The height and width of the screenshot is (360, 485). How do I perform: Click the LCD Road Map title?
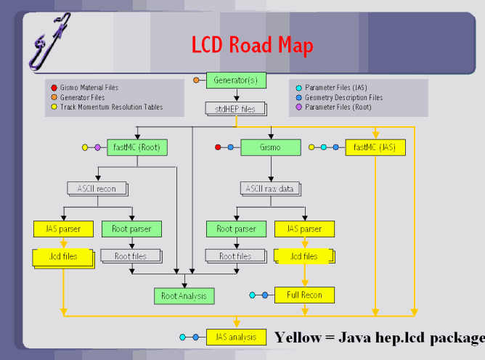click(x=252, y=45)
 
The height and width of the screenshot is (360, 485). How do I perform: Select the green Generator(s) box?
click(x=237, y=80)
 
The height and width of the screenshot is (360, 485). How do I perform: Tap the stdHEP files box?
click(x=235, y=110)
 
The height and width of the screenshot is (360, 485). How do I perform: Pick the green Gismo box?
click(x=270, y=147)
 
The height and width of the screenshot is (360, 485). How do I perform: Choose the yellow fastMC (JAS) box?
click(x=375, y=147)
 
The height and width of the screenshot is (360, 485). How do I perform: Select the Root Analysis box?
click(x=184, y=295)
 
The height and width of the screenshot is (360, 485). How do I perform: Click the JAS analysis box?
click(x=235, y=337)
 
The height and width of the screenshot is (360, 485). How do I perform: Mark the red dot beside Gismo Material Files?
click(x=54, y=88)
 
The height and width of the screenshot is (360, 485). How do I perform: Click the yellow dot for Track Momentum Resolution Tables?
click(x=54, y=107)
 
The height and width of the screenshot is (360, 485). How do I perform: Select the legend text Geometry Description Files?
click(x=343, y=97)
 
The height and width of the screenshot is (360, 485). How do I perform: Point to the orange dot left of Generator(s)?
click(x=196, y=80)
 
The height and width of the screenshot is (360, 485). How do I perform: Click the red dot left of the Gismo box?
click(x=218, y=147)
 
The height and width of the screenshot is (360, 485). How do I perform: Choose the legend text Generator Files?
click(x=82, y=97)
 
